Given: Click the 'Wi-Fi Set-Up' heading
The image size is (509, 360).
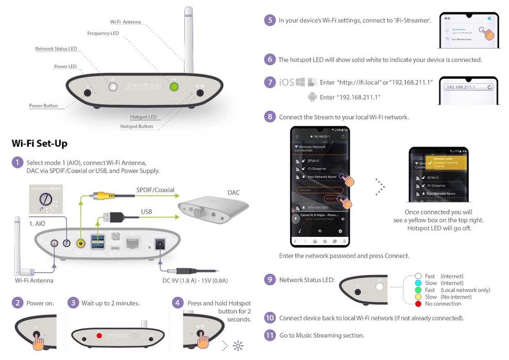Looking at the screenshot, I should (39, 143).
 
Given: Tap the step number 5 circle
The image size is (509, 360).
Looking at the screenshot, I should (269, 20).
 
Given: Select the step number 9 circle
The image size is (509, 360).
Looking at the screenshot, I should (269, 280).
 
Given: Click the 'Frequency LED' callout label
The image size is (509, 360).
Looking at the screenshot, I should (103, 33).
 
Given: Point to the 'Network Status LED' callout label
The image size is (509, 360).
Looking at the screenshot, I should (56, 49).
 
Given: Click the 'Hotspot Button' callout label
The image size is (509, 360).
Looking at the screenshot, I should (137, 126).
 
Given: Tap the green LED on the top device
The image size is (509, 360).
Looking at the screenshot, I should (174, 87).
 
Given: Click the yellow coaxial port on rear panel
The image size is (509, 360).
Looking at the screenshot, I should (80, 243).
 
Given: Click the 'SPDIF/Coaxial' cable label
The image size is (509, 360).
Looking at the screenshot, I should (155, 190).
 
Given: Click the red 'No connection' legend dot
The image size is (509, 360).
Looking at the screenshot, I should (418, 303).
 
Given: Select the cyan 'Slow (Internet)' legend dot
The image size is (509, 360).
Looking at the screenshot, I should (418, 283).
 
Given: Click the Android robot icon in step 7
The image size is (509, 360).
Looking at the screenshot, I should (312, 97).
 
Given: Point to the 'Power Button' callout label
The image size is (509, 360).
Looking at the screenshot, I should (43, 106).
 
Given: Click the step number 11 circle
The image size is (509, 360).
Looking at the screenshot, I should (269, 335).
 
